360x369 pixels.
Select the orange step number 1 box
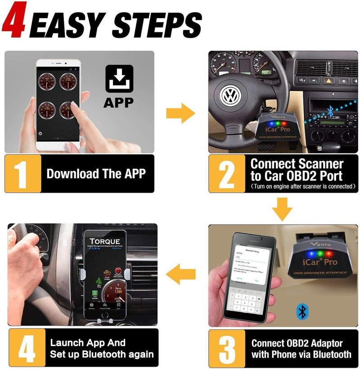[22, 174]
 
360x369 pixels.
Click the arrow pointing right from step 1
[180, 113]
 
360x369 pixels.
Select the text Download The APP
[96, 174]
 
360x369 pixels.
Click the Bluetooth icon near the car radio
[331, 111]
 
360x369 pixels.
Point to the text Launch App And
[88, 343]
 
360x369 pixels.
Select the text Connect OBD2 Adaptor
[297, 343]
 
